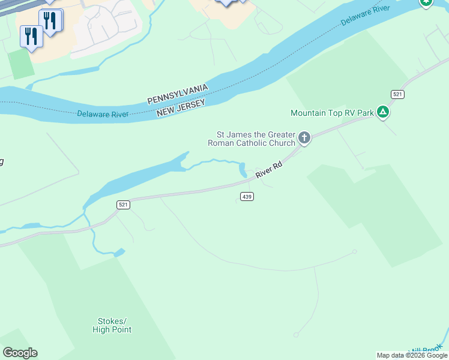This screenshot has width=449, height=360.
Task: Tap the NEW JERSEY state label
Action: (x=181, y=108)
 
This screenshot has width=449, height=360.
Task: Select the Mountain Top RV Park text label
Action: (x=332, y=113)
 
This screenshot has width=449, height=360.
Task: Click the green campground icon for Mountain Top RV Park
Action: (x=383, y=112)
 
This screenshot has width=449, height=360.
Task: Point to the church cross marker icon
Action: (x=304, y=139)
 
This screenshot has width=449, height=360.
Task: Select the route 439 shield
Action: (x=247, y=196)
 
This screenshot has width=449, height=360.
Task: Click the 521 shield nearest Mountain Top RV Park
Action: (x=397, y=94)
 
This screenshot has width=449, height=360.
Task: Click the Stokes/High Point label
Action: (x=112, y=325)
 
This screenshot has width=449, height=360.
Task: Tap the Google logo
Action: (x=20, y=353)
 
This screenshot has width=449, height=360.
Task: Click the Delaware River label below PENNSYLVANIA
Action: (x=103, y=113)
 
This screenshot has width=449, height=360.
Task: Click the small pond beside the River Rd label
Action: (x=243, y=170)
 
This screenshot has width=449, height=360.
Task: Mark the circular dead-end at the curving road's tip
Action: (x=355, y=251)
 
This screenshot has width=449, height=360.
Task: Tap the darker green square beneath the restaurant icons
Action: (x=22, y=64)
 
